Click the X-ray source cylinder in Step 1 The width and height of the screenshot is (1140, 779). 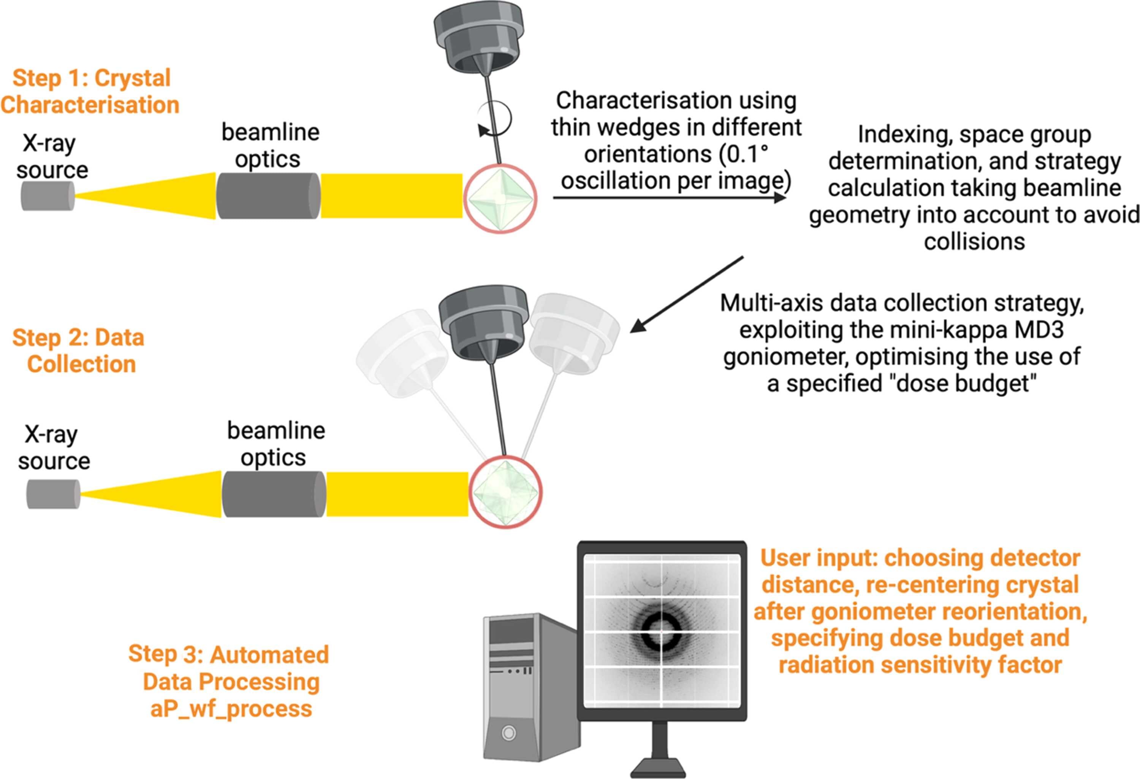(x=47, y=196)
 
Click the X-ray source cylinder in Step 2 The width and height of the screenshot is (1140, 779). (x=53, y=494)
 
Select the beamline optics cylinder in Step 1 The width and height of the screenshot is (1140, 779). (x=268, y=196)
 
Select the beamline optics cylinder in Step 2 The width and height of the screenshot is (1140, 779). (x=274, y=494)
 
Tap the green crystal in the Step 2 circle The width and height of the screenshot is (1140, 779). (x=505, y=492)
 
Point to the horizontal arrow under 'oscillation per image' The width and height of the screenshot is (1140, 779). (x=670, y=198)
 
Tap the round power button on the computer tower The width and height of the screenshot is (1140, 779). (x=509, y=733)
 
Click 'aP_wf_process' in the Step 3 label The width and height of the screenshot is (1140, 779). (x=231, y=709)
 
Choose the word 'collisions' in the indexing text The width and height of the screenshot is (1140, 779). (x=974, y=241)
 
